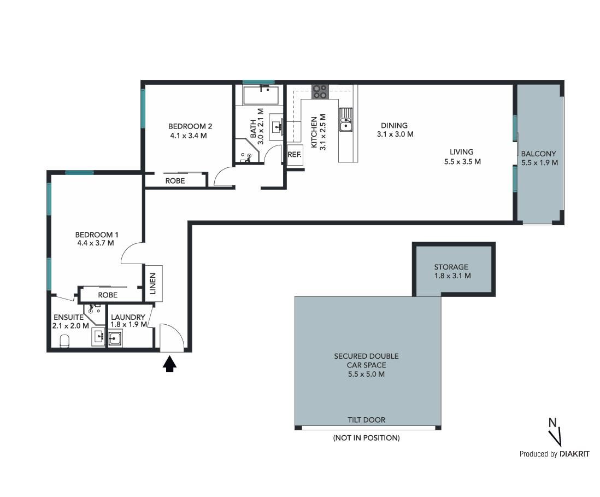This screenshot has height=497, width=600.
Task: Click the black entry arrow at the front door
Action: click(169, 364)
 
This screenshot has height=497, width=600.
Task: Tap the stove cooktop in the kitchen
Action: click(320, 92)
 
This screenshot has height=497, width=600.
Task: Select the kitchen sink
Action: click(345, 119)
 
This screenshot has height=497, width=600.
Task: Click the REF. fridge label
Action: click(294, 155)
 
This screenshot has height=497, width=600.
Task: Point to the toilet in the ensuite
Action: click(64, 341)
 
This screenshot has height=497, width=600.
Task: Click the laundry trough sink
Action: click(115, 338)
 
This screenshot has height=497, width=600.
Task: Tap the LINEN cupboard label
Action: click(152, 283)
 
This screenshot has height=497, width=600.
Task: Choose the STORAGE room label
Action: click(451, 267)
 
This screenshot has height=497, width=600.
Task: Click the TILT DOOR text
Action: click(366, 420)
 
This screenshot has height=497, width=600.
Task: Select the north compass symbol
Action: click(555, 432)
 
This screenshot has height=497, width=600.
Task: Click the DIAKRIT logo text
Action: click(574, 454)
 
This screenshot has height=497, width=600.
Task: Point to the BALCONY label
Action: click(538, 154)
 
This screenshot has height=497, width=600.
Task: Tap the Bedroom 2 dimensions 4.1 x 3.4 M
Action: click(189, 136)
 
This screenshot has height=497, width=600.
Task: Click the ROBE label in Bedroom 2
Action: click(175, 181)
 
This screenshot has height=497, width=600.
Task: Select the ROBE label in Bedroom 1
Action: click(108, 295)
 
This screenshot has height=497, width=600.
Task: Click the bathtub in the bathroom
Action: click(261, 95)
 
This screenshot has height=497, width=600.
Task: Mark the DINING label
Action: click(394, 125)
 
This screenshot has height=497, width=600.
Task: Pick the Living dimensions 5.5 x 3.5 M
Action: click(462, 162)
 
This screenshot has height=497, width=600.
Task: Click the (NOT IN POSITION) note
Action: click(366, 437)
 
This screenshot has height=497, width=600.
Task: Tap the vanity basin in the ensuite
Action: click(99, 337)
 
